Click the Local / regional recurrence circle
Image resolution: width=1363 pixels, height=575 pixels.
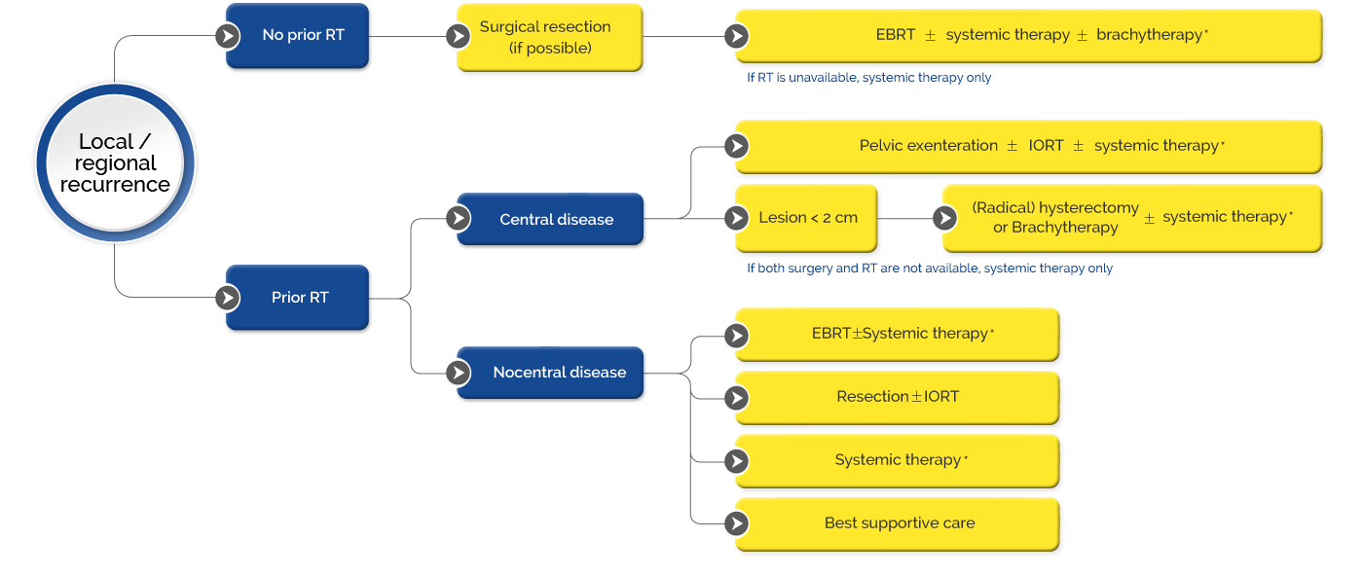(x=115, y=162)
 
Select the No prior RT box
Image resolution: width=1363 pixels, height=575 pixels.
(x=298, y=35)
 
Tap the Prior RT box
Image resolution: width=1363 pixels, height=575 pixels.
(x=298, y=297)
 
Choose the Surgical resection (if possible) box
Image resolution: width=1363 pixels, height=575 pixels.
(x=549, y=37)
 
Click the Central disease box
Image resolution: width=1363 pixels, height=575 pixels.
(x=550, y=219)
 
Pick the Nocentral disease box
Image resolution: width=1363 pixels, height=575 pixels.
(x=550, y=373)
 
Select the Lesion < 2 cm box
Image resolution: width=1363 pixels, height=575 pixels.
(x=806, y=218)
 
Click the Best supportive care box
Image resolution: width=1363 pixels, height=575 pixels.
(x=898, y=524)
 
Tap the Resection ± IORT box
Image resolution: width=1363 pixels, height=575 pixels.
(x=898, y=398)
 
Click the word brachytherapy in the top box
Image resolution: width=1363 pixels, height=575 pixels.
(x=1150, y=35)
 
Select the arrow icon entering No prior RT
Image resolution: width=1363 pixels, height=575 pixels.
(x=228, y=36)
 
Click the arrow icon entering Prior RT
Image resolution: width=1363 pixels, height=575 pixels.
(x=228, y=298)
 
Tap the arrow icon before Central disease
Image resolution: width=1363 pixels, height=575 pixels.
(x=459, y=218)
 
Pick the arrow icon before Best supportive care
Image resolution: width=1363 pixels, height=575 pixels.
(x=737, y=523)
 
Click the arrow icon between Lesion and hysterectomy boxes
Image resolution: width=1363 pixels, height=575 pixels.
(x=945, y=218)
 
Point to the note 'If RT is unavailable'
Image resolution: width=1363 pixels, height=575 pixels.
(x=868, y=78)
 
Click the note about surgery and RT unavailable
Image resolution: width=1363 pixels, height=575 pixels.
(x=930, y=269)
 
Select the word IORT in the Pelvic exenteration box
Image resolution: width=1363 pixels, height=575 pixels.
(x=1046, y=146)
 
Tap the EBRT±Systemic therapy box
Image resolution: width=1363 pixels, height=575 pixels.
(x=898, y=335)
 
